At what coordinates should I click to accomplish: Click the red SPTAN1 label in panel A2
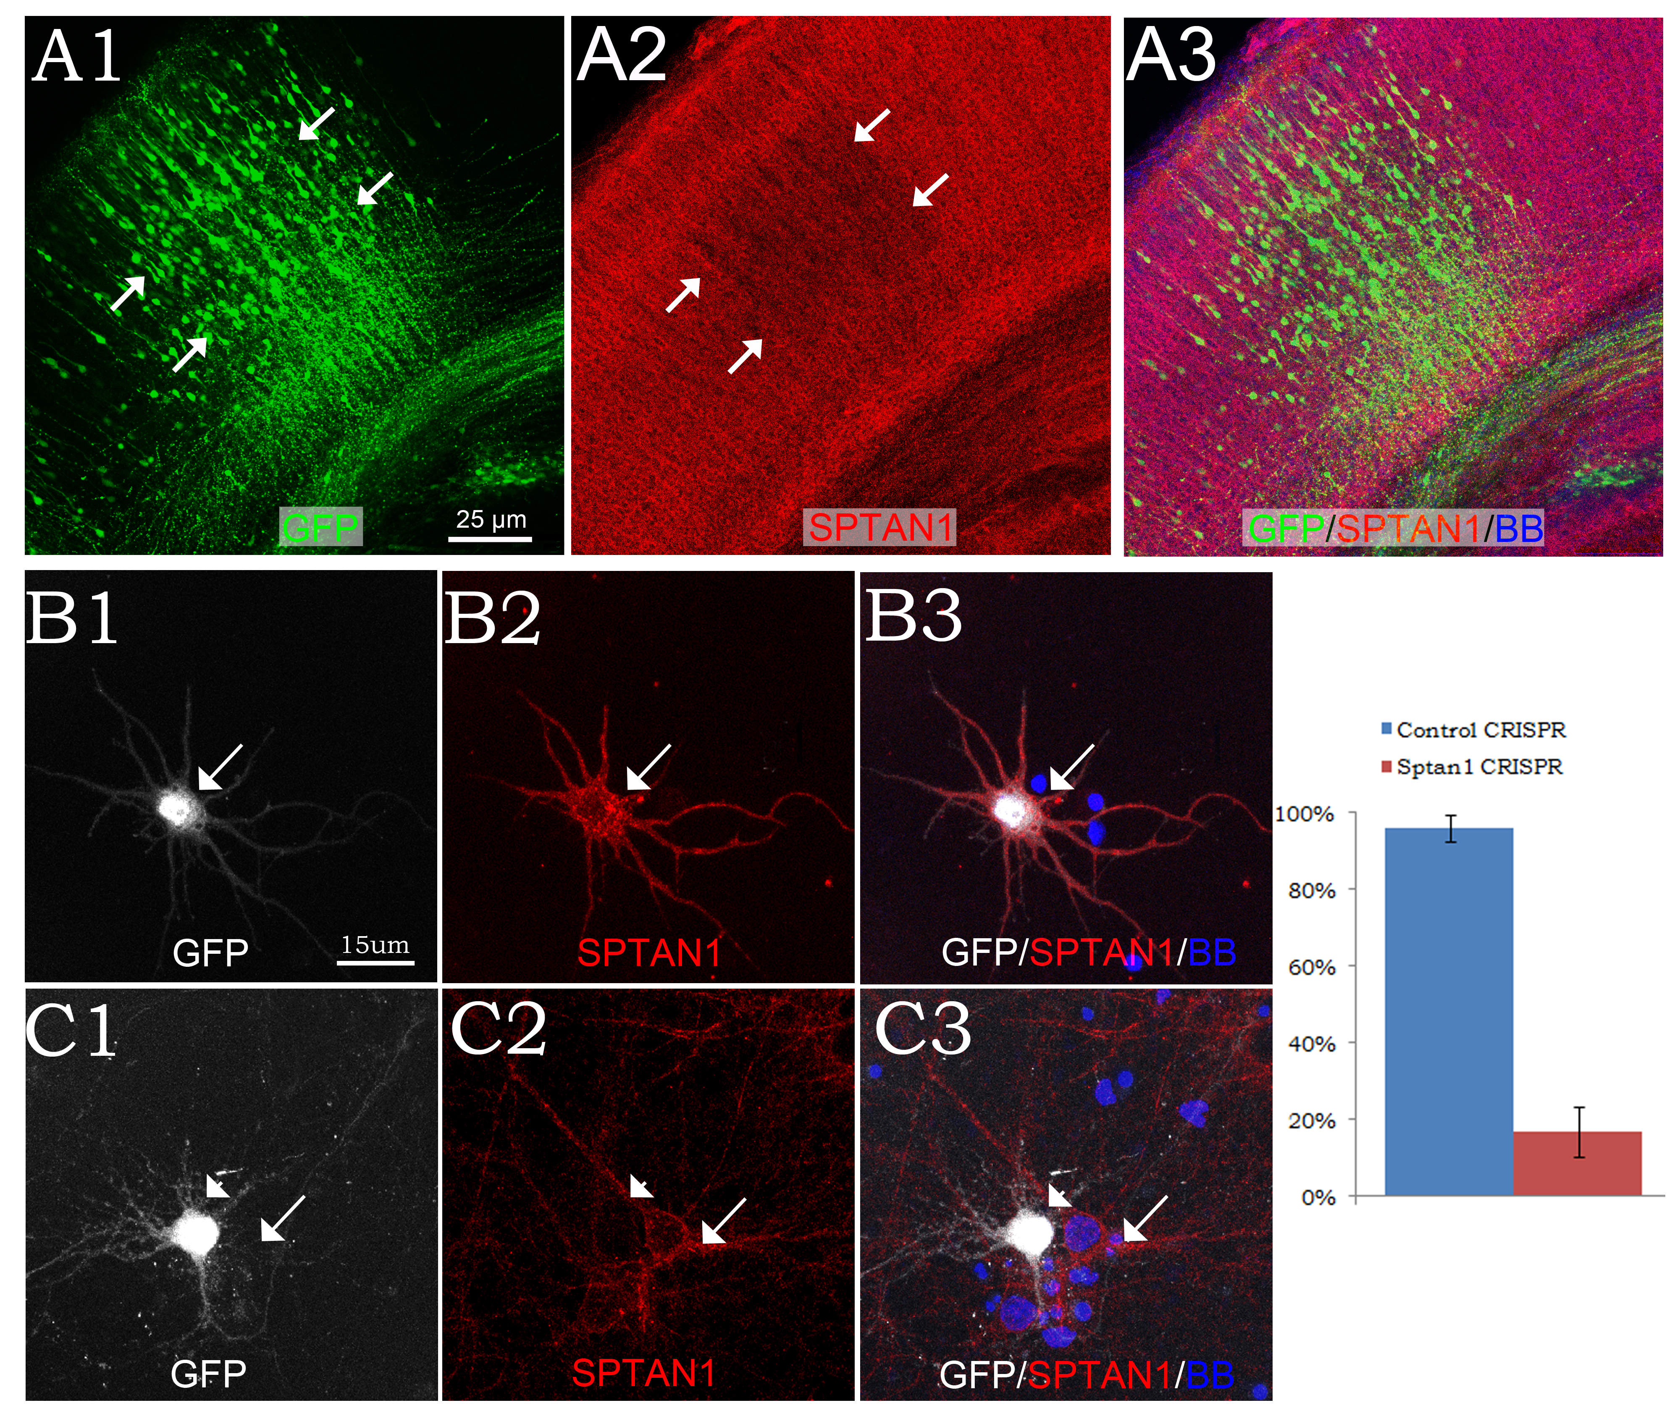pyautogui.click(x=879, y=528)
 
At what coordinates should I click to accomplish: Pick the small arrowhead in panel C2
pyautogui.click(x=640, y=1186)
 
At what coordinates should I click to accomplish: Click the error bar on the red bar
pyautogui.click(x=1579, y=1132)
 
